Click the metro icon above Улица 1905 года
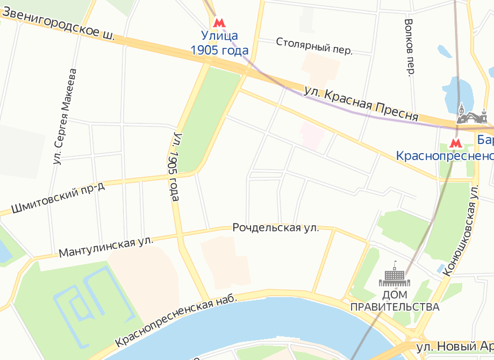tap(219, 23)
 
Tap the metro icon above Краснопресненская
tap(455, 143)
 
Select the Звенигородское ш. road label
tap(58, 27)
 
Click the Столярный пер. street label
tap(314, 46)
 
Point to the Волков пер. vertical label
tap(410, 48)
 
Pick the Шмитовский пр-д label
tap(58, 197)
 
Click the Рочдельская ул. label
tap(276, 228)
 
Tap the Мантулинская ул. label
tap(106, 247)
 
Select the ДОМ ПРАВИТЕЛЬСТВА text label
tap(395, 301)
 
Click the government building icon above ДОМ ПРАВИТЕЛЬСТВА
tap(395, 275)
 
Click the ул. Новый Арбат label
tap(455, 347)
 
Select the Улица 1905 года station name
tap(219, 44)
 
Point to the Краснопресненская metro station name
tap(445, 156)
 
